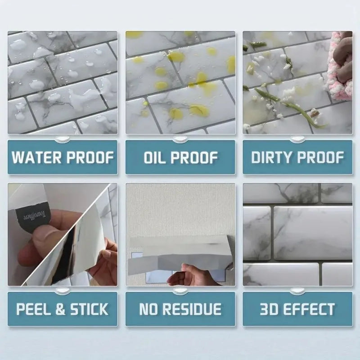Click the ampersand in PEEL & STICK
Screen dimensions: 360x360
59,310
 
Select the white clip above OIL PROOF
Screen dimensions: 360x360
180,138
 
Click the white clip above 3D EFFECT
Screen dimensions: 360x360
297,290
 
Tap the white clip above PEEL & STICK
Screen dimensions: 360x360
63,290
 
